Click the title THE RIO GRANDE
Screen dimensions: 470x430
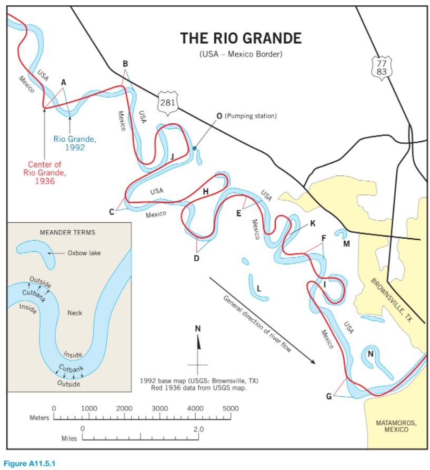pos(241,38)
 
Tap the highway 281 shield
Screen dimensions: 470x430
pos(167,102)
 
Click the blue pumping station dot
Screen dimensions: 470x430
pos(194,149)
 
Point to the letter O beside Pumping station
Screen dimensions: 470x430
pos(219,116)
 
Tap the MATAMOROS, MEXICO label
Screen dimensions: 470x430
pos(396,426)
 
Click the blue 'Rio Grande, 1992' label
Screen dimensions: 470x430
pos(75,143)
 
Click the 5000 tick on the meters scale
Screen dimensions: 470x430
pos(231,408)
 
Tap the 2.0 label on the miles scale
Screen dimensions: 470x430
pos(198,429)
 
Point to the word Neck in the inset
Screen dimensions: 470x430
pos(75,313)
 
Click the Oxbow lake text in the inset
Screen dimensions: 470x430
pos(84,253)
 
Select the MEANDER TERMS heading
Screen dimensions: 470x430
pos(68,232)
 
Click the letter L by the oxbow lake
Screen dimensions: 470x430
pos(258,289)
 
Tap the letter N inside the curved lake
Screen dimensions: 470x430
pos(370,354)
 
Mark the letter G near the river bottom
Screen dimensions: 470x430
pos(329,396)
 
